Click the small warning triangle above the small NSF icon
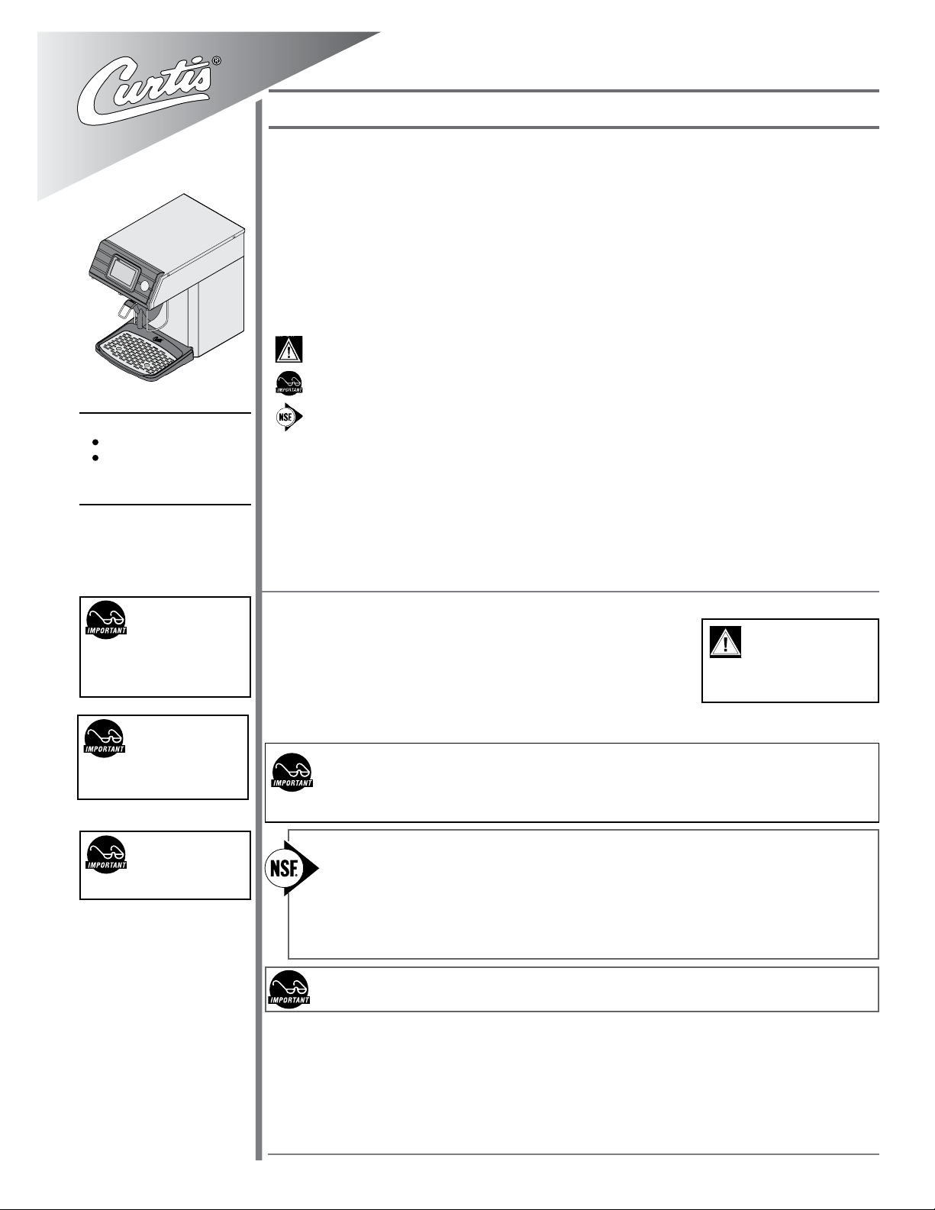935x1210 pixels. (x=289, y=349)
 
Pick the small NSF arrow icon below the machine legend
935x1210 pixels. (x=289, y=417)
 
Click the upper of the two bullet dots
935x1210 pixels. (x=95, y=443)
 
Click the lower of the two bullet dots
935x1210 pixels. (x=95, y=458)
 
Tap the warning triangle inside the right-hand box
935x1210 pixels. (x=725, y=641)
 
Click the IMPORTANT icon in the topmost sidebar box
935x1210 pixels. (x=106, y=620)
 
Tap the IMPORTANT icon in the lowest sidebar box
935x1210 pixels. (x=106, y=854)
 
